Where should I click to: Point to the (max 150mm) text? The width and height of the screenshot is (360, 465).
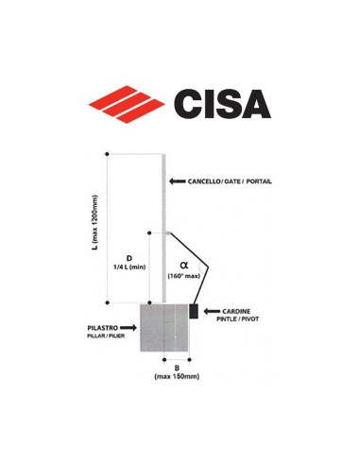178,377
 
